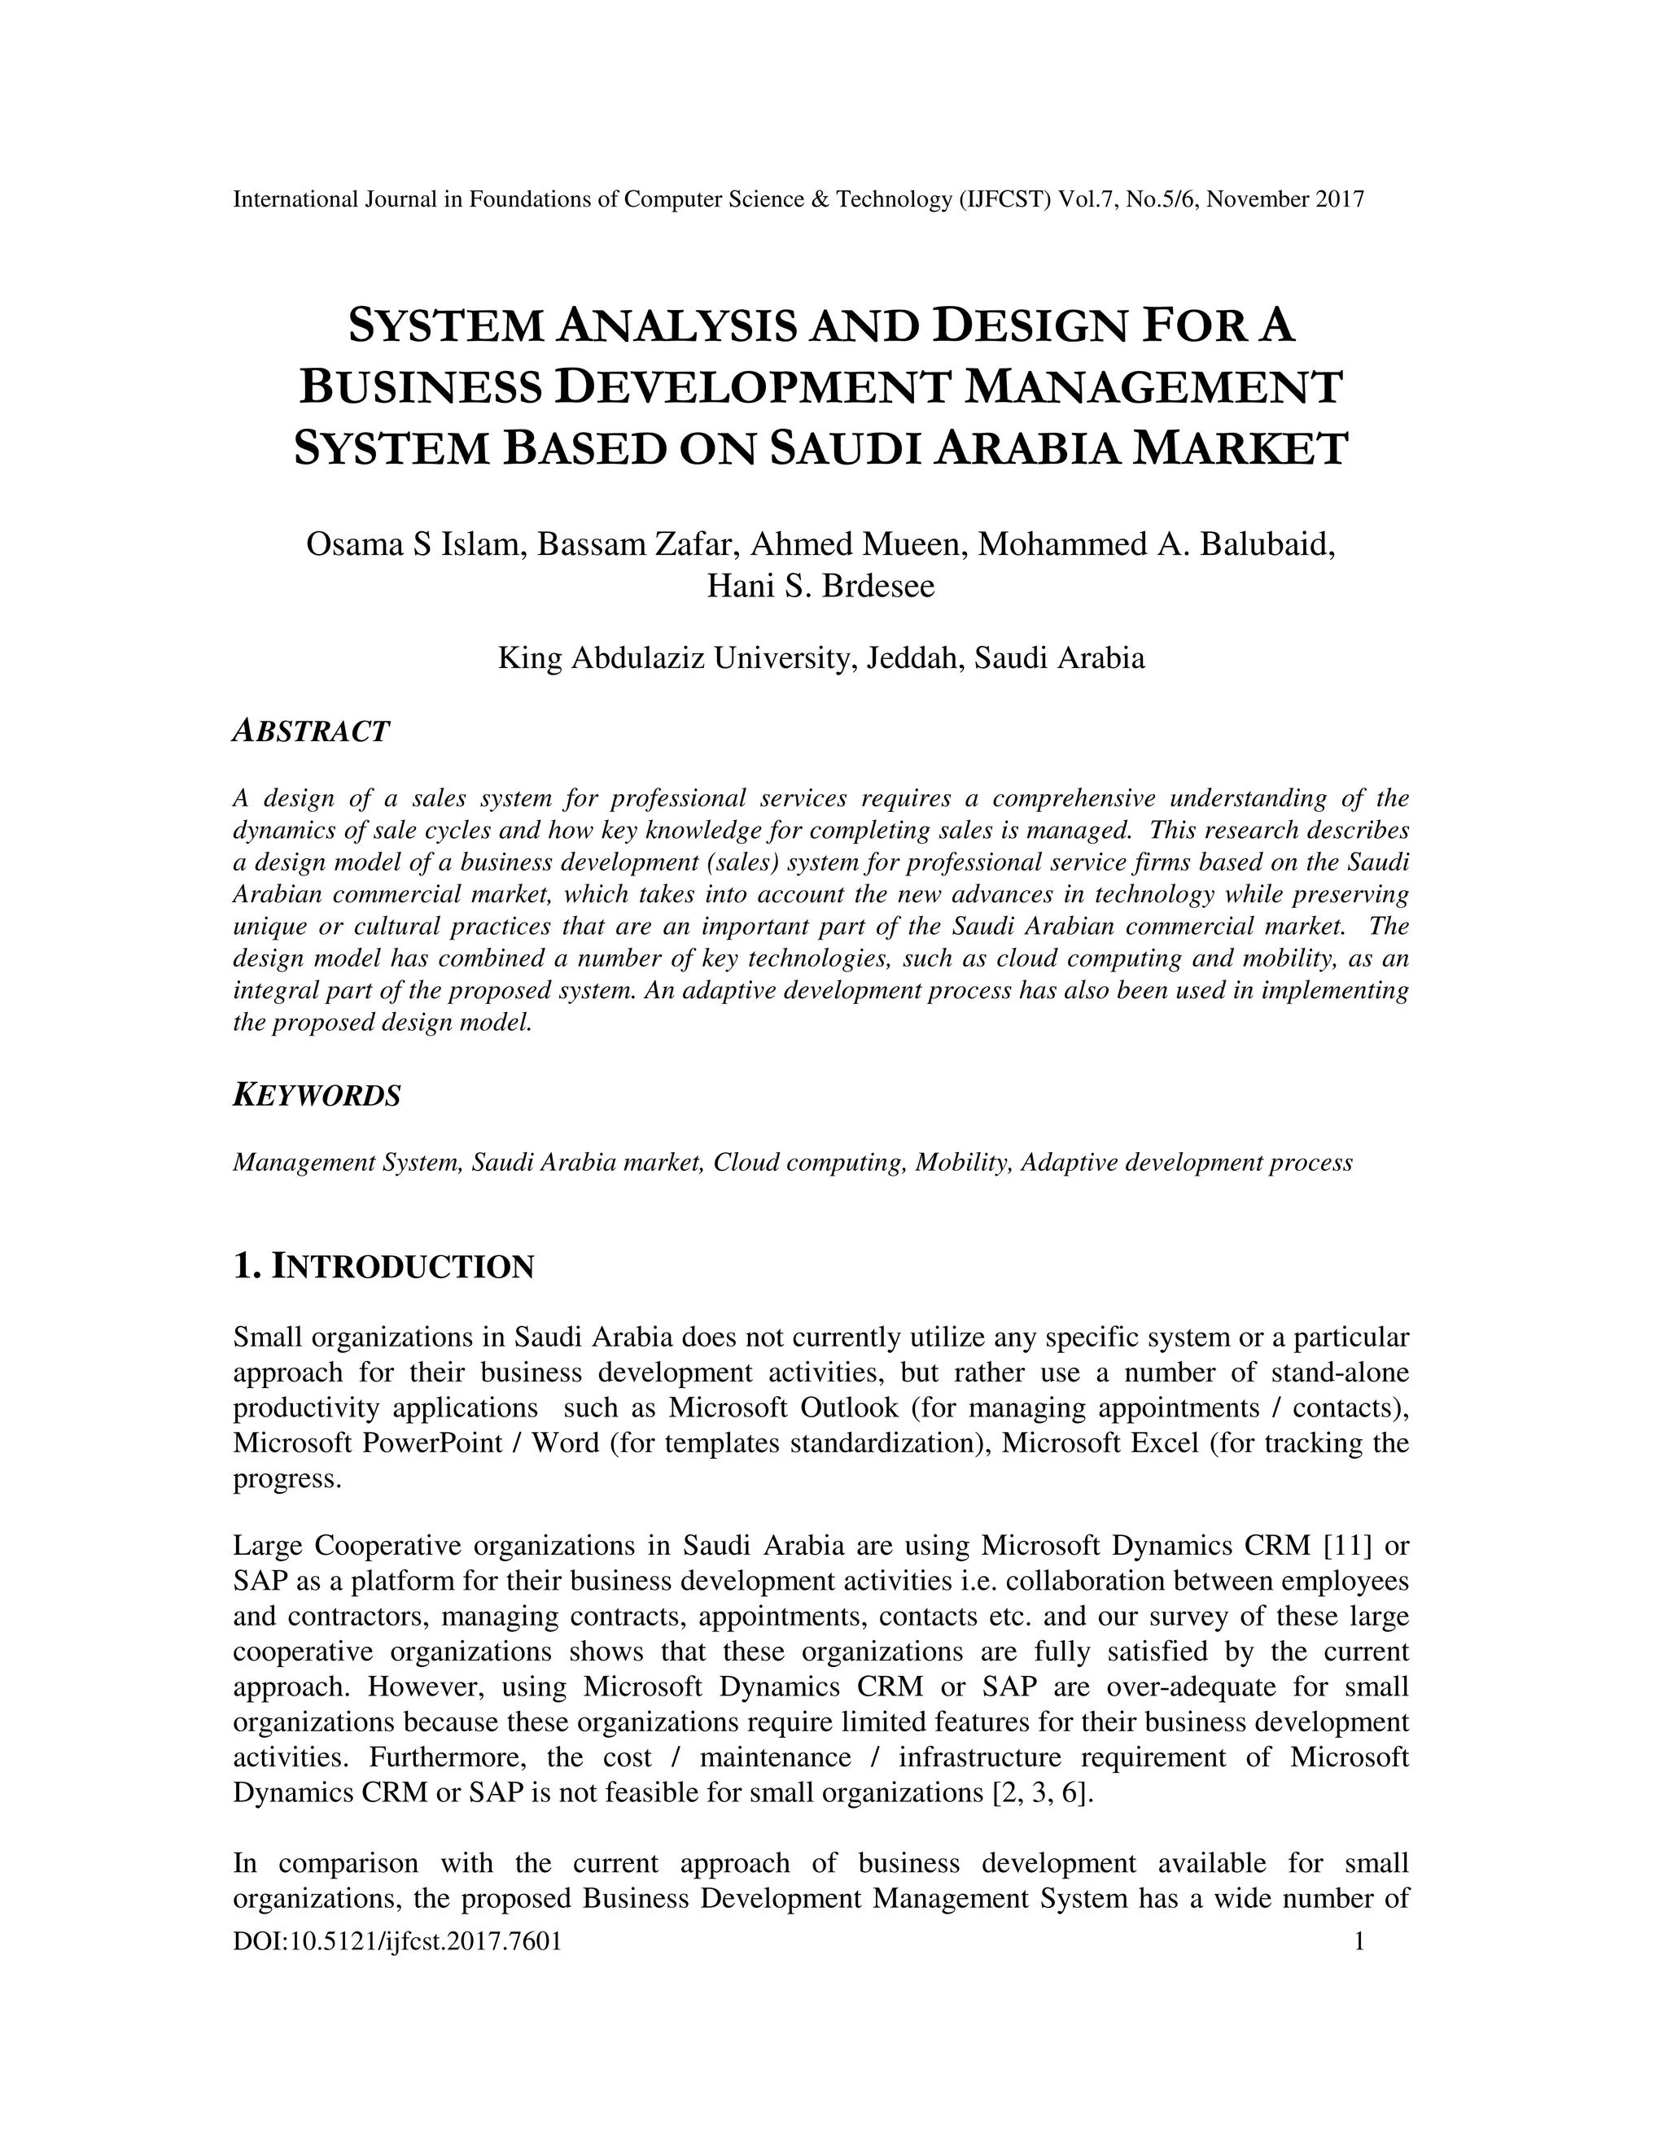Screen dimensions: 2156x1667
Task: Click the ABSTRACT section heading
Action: point(311,731)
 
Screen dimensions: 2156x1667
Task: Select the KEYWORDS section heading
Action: point(317,1095)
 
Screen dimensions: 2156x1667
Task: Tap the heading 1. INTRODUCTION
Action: point(383,1266)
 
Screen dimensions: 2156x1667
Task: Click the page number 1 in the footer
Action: point(1358,1942)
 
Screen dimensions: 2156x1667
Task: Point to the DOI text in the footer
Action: point(397,1942)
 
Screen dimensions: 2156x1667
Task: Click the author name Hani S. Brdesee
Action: point(820,586)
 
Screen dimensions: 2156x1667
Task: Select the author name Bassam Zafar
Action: point(638,544)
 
